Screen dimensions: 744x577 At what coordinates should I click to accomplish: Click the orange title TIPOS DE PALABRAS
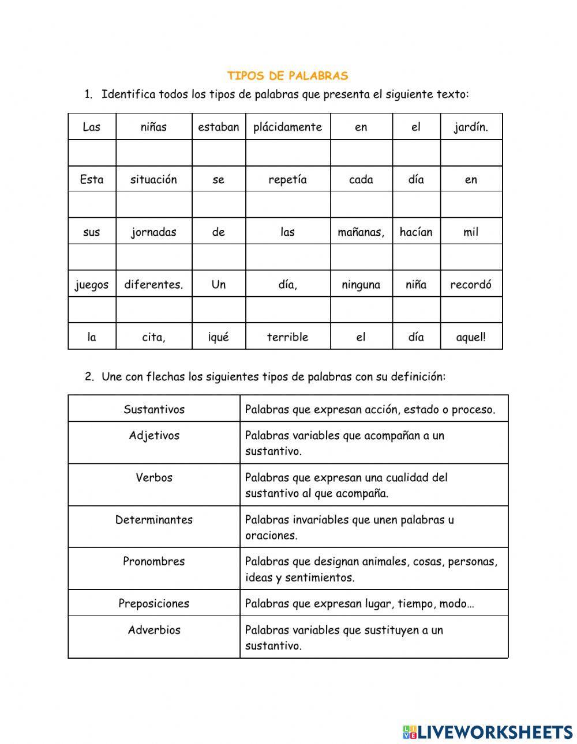pyautogui.click(x=287, y=76)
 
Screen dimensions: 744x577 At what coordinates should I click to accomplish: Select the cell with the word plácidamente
pyautogui.click(x=287, y=127)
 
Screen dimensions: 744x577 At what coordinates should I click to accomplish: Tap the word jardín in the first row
pyautogui.click(x=471, y=127)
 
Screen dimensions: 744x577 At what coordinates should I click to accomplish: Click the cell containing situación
pyautogui.click(x=153, y=180)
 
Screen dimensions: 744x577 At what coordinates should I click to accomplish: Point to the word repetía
pyautogui.click(x=287, y=180)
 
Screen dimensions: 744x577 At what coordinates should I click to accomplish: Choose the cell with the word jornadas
pyautogui.click(x=153, y=232)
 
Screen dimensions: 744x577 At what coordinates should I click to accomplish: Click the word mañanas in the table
pyautogui.click(x=361, y=232)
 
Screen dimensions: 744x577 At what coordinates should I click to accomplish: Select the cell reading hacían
pyautogui.click(x=415, y=232)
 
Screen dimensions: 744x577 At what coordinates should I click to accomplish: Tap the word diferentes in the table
pyautogui.click(x=153, y=285)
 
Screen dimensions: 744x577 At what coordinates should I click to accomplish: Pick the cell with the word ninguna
pyautogui.click(x=361, y=285)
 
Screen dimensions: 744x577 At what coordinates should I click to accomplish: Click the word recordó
pyautogui.click(x=471, y=285)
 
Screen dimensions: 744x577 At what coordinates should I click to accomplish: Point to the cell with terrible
pyautogui.click(x=287, y=337)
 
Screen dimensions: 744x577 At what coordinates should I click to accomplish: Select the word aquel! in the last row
pyautogui.click(x=471, y=337)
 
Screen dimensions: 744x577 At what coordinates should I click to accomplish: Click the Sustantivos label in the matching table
pyautogui.click(x=154, y=410)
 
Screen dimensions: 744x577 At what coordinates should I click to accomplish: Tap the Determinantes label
pyautogui.click(x=154, y=520)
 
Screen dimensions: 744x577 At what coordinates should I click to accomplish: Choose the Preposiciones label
pyautogui.click(x=154, y=604)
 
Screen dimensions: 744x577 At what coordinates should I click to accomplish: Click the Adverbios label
pyautogui.click(x=154, y=630)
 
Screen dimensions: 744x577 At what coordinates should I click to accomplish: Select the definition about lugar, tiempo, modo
pyautogui.click(x=359, y=604)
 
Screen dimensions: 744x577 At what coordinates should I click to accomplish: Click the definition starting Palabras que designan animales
pyautogui.click(x=371, y=569)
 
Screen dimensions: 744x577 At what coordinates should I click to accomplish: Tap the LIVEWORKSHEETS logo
pyautogui.click(x=488, y=732)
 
